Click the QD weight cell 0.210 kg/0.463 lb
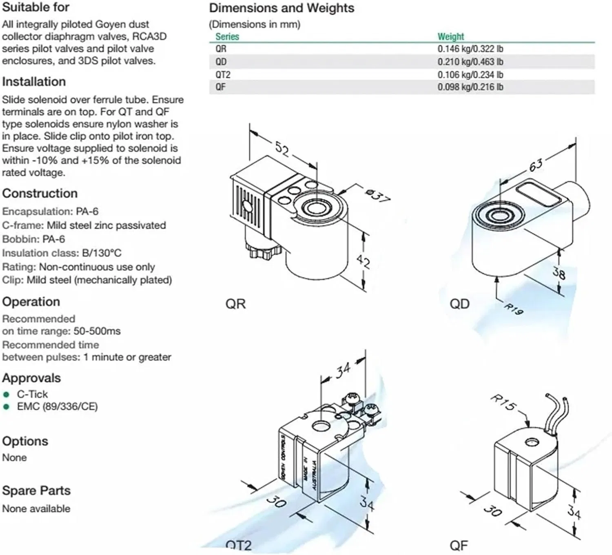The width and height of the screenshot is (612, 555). [470, 62]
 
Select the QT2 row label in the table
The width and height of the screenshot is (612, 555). [223, 75]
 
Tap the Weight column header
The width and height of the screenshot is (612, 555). [450, 36]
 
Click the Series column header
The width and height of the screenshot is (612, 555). [227, 36]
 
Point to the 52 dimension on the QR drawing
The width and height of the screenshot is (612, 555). [282, 149]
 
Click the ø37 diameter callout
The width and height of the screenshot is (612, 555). [377, 196]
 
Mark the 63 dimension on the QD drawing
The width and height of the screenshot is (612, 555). [536, 165]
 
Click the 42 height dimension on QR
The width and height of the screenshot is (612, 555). [363, 261]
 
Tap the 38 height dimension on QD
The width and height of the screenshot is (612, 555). [559, 272]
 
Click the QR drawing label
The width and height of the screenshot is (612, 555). [235, 304]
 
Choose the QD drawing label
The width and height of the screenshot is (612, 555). [459, 304]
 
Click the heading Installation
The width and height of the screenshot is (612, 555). [34, 82]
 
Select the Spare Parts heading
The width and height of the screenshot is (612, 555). [36, 490]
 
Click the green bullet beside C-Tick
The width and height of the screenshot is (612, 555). [6, 395]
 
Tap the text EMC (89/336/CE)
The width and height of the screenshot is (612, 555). [57, 407]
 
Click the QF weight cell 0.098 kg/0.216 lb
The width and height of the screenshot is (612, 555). [470, 87]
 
